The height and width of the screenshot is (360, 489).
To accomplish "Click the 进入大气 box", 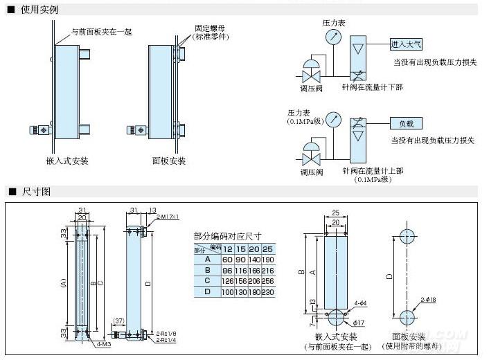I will (407, 44).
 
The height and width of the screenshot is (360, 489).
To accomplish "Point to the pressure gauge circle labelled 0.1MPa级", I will (333, 119).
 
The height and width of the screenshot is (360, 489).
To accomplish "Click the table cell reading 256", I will (268, 280).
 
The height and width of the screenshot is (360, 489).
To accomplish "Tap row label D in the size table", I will (206, 291).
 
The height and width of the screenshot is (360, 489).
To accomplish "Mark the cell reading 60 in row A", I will (228, 259).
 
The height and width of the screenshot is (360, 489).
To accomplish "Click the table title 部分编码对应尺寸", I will (226, 236).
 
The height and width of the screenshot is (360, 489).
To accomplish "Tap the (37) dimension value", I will (118, 321).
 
